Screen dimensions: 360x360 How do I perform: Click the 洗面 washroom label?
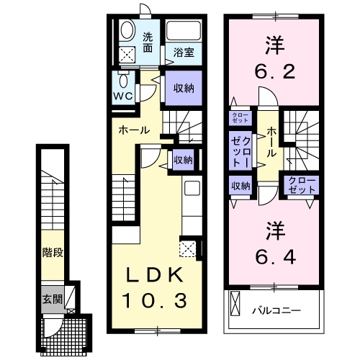click(x=148, y=43)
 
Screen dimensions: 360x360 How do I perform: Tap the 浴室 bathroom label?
click(x=183, y=52)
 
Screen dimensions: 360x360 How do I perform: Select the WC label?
click(x=122, y=96)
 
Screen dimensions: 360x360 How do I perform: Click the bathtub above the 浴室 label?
click(x=183, y=32)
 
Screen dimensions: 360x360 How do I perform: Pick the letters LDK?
click(x=150, y=275)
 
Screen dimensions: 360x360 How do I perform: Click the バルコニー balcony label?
click(x=276, y=311)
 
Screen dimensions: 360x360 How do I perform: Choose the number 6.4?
click(x=274, y=245)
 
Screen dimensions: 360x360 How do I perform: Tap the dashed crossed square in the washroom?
click(x=127, y=53)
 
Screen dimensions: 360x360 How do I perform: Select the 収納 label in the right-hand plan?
click(x=240, y=186)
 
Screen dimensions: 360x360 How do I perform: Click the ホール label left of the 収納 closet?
click(x=134, y=130)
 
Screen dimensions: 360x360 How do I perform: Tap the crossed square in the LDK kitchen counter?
click(x=189, y=250)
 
